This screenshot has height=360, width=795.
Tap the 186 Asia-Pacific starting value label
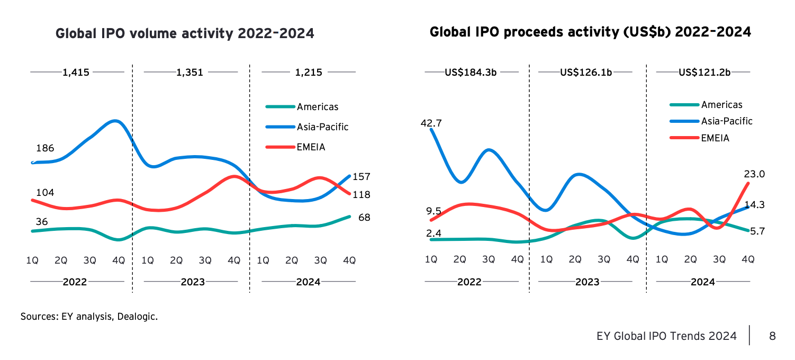point(46,148)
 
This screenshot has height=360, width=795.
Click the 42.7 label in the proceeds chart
point(431,123)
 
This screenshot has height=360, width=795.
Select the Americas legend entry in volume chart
point(317,107)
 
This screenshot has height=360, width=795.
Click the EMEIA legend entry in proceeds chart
point(715,138)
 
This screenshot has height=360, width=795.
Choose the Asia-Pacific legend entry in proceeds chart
point(726,121)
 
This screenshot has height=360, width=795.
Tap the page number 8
point(772,336)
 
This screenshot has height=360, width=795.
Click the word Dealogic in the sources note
point(140,317)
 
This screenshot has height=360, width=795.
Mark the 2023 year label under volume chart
point(193,282)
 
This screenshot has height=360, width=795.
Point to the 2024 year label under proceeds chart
point(702,282)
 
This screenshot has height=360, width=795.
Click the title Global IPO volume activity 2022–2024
point(185,34)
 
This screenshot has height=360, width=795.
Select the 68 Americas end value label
point(364,218)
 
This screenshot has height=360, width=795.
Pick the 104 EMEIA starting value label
point(46,192)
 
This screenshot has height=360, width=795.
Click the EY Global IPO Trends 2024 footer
point(666,336)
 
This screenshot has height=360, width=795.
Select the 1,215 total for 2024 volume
point(309,73)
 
